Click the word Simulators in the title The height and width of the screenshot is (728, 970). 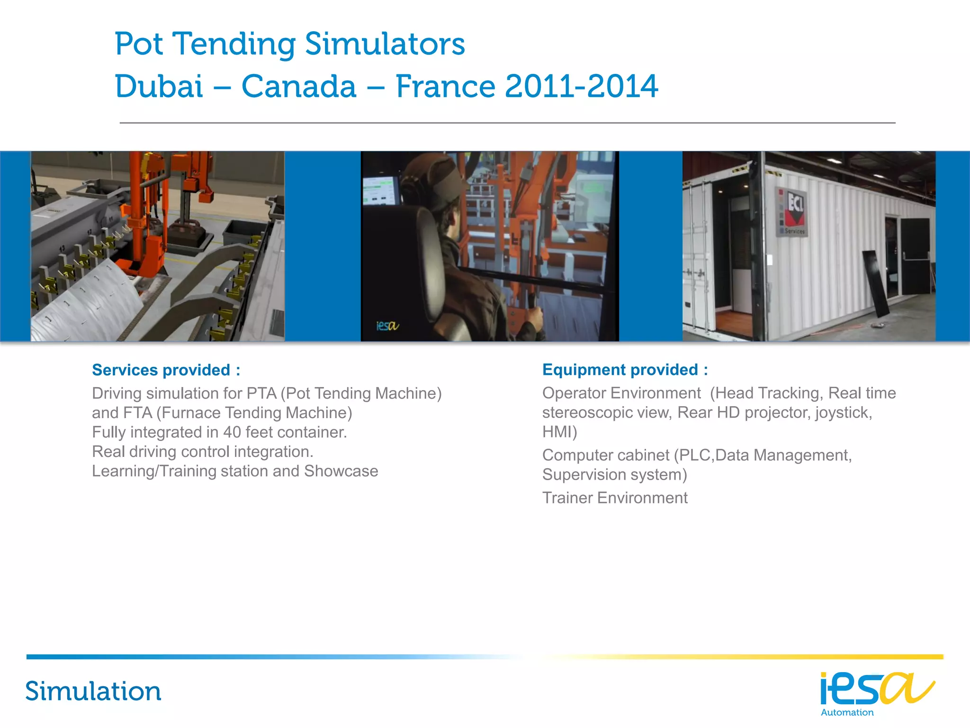[385, 44]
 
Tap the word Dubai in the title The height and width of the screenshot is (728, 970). [159, 87]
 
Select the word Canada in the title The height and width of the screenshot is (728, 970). [299, 87]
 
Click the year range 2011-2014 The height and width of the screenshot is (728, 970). [582, 87]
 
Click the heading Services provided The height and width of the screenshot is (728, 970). [166, 370]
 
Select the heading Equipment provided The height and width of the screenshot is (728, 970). [625, 369]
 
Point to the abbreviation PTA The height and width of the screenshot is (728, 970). [261, 393]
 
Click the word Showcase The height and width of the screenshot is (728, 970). [341, 471]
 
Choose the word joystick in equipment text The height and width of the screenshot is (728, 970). [843, 412]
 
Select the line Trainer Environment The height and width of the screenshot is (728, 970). [615, 498]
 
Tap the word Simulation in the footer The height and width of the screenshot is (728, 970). [93, 691]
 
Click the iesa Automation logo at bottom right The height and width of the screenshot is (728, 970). [876, 693]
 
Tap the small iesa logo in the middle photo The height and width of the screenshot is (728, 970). [387, 326]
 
